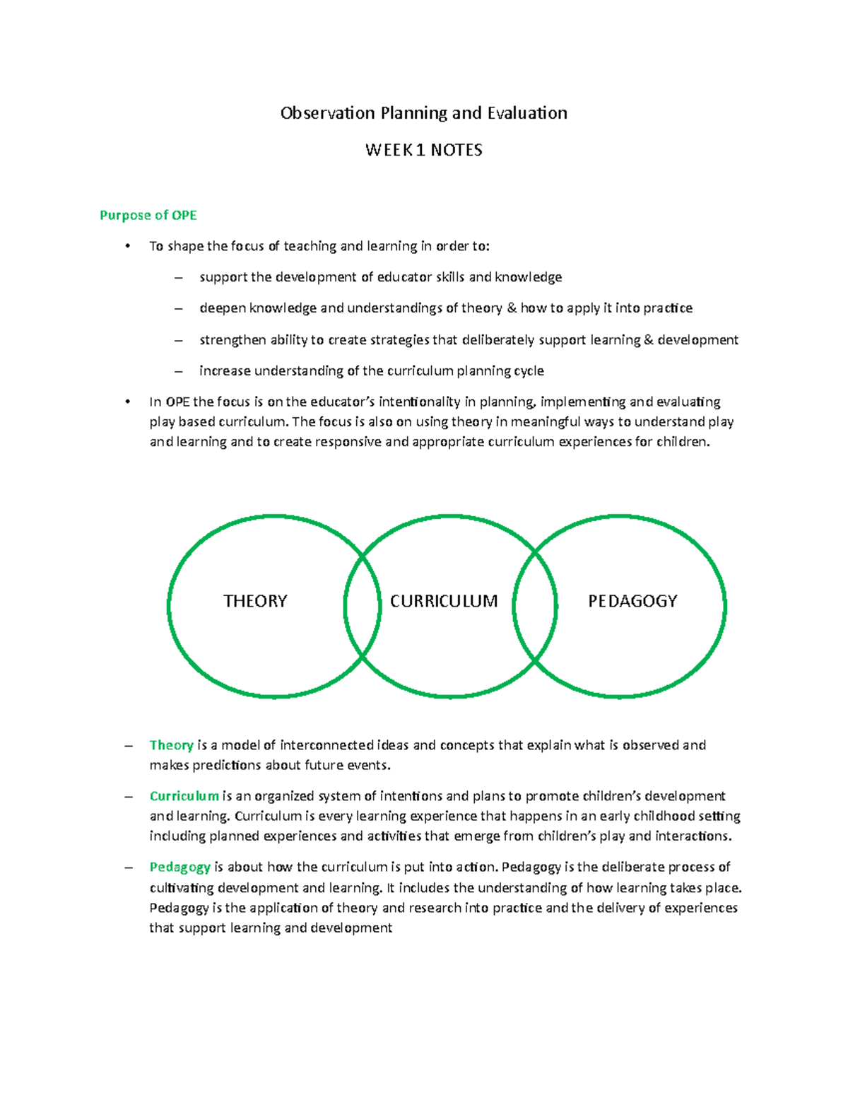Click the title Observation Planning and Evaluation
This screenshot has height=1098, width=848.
423,113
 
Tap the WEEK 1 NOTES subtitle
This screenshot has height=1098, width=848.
423,150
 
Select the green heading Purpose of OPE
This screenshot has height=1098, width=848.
148,215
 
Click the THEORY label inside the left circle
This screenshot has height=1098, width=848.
255,601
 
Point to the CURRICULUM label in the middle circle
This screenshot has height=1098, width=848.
444,601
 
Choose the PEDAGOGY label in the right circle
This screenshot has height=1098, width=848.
632,601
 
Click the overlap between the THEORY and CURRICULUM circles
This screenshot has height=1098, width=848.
363,607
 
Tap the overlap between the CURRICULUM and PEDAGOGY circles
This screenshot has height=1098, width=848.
535,607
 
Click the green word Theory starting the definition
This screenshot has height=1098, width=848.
171,745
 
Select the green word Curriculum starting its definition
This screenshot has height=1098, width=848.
184,796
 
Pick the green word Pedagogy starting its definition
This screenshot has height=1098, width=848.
179,867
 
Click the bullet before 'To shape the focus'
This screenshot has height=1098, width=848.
127,246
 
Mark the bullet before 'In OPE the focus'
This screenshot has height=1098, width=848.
127,402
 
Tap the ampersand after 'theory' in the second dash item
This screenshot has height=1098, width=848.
511,308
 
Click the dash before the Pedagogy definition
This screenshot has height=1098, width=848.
128,868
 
